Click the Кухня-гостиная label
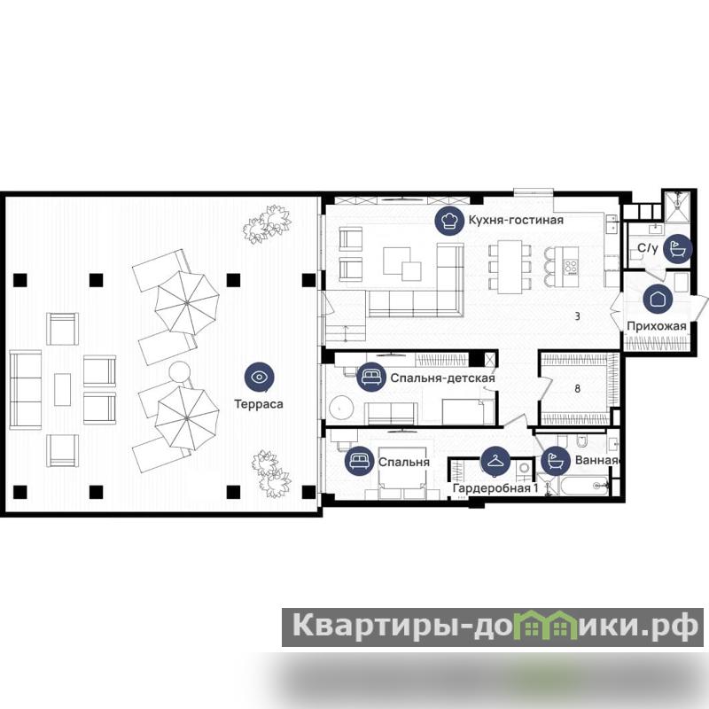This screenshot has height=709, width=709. pyautogui.click(x=516, y=220)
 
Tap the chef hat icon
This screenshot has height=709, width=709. pyautogui.click(x=449, y=220)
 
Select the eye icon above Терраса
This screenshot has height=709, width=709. pyautogui.click(x=259, y=378)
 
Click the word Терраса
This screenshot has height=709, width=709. pyautogui.click(x=259, y=404)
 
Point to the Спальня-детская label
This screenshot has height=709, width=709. pyautogui.click(x=442, y=378)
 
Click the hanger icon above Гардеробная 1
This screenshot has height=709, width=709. pyautogui.click(x=495, y=461)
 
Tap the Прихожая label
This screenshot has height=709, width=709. pyautogui.click(x=657, y=326)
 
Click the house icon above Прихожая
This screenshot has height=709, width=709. pyautogui.click(x=658, y=299)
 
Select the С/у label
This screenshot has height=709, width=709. pyautogui.click(x=648, y=248)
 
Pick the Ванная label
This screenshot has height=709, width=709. pyautogui.click(x=596, y=460)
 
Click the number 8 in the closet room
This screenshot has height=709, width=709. pyautogui.click(x=578, y=388)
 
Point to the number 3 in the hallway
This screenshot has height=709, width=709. pyautogui.click(x=578, y=316)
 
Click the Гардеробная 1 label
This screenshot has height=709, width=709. pyautogui.click(x=495, y=488)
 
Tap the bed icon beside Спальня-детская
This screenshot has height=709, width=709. pyautogui.click(x=371, y=378)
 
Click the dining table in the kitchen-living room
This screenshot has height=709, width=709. pyautogui.click(x=510, y=267)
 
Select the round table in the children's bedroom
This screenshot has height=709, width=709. pyautogui.click(x=342, y=409)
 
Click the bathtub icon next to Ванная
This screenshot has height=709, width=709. pyautogui.click(x=556, y=461)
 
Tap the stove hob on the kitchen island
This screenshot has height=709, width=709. pyautogui.click(x=571, y=267)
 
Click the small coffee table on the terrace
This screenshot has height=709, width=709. pyautogui.click(x=62, y=389)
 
